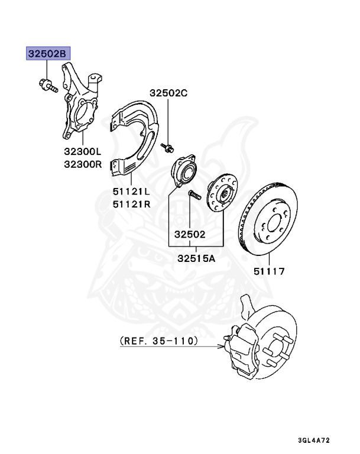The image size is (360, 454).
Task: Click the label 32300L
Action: [x=83, y=152]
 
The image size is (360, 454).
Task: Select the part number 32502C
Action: [x=168, y=93]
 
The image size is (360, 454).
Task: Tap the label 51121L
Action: [x=132, y=192]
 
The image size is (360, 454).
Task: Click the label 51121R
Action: [x=132, y=203]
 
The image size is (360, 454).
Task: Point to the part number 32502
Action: [x=189, y=234]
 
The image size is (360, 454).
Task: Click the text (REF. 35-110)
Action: [x=159, y=341]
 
